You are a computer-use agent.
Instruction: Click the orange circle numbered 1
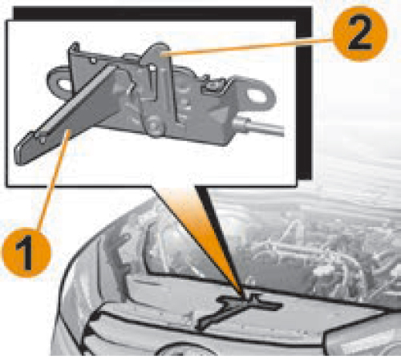pos(26,252)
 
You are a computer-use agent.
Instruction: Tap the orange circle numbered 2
pos(360,34)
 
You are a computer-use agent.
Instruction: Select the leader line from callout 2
pos(248,47)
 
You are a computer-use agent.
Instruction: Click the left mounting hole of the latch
pos(62,84)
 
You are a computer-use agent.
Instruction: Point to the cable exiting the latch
pos(259,127)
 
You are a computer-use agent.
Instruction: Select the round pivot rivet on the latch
pos(154,125)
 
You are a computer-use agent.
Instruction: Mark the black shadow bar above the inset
pos(163,14)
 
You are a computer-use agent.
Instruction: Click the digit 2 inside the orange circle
pos(360,34)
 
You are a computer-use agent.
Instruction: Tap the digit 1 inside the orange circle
pos(25,252)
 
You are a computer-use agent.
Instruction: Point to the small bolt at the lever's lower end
pos(43,140)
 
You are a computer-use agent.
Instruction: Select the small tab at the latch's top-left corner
pos(75,47)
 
